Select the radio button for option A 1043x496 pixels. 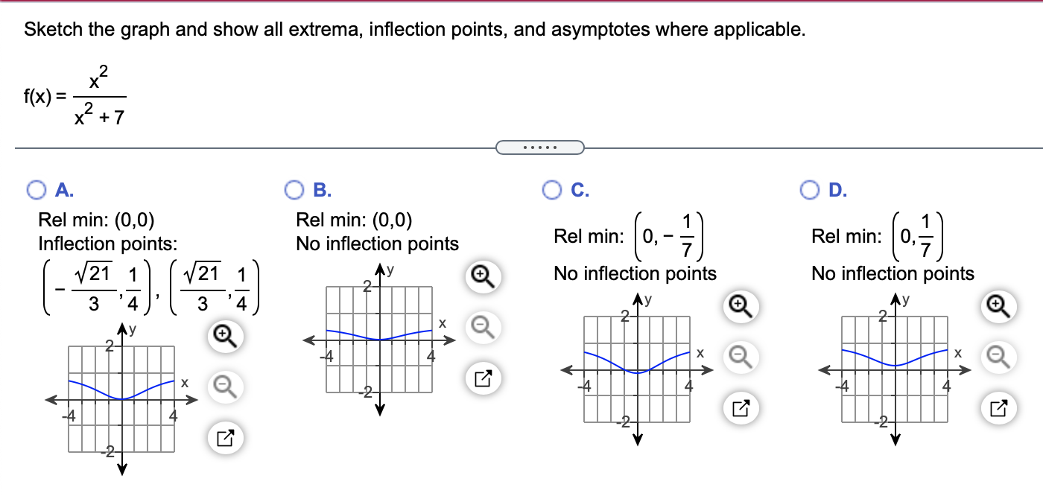pos(36,191)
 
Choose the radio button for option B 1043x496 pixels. pos(294,191)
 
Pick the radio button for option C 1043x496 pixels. pos(552,191)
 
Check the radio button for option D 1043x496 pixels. pos(810,191)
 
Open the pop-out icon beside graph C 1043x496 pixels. pos(741,407)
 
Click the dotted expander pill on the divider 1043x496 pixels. pos(539,147)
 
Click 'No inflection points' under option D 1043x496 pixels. pos(893,274)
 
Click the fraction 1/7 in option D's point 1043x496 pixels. pos(925,236)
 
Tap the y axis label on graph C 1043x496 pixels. pos(649,301)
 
